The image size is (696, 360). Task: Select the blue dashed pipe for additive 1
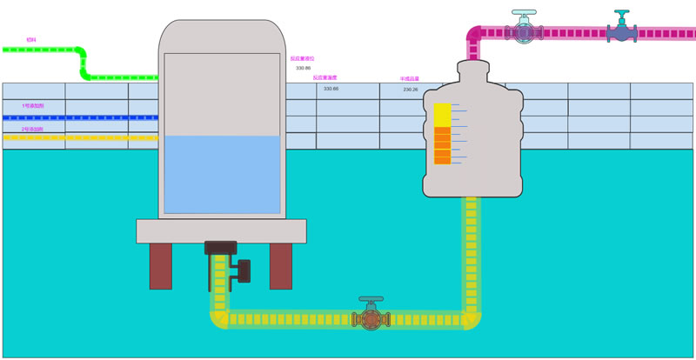click(78, 117)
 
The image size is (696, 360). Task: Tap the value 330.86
click(303, 68)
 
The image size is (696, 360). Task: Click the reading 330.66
click(331, 89)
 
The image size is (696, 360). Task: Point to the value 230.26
click(411, 90)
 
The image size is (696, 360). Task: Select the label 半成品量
click(409, 78)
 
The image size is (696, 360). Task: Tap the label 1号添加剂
click(32, 106)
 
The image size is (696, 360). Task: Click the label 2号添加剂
click(32, 129)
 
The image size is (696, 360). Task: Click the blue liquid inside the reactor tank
click(222, 174)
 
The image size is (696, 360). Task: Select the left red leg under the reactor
click(161, 265)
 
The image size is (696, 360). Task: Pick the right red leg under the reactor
click(280, 265)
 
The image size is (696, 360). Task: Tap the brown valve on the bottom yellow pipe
click(371, 317)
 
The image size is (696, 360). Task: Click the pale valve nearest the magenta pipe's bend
click(524, 30)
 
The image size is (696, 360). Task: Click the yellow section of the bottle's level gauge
click(441, 115)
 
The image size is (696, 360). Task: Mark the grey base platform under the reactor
click(221, 230)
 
